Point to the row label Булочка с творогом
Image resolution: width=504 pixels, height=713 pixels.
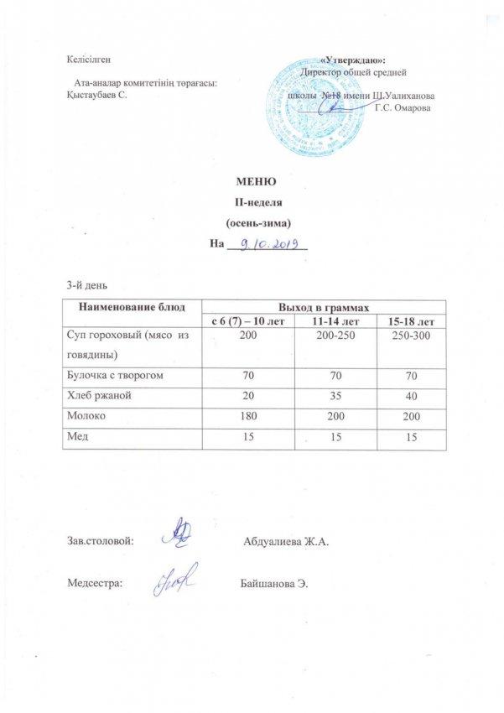tap(115, 376)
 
